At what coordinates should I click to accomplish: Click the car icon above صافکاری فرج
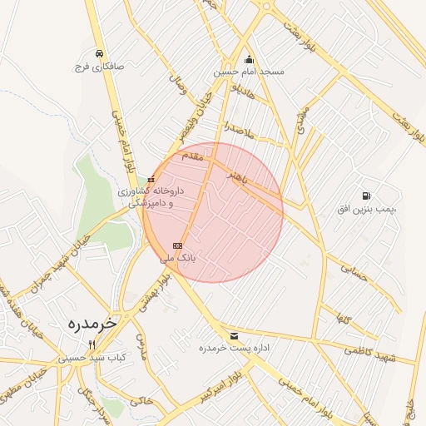(x=99, y=53)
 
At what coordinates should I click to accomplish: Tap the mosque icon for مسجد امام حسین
(x=249, y=59)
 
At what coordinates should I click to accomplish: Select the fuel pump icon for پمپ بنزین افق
(x=366, y=196)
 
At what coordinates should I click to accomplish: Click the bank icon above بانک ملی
(x=177, y=245)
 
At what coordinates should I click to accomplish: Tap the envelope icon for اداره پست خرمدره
(x=232, y=335)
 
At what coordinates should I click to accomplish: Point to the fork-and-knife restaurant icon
(x=92, y=344)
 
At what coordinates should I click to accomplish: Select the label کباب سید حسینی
(x=92, y=358)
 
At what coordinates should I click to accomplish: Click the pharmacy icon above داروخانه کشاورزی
(x=151, y=179)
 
